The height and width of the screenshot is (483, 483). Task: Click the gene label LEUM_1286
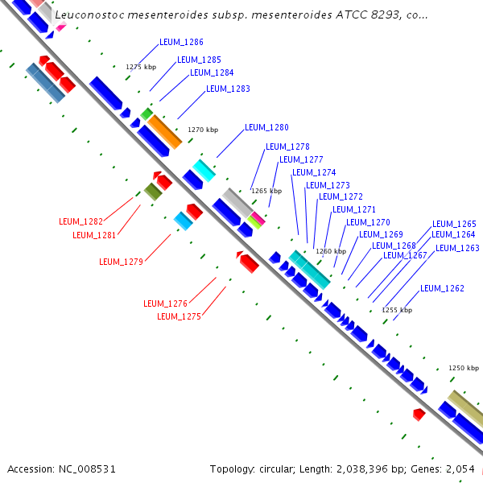pos(181,42)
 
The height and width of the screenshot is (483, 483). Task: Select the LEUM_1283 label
pos(228,89)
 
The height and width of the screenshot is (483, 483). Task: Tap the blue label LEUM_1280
pos(266,127)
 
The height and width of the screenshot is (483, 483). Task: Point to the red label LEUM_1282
pos(80,221)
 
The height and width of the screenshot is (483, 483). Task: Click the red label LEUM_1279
pos(121,262)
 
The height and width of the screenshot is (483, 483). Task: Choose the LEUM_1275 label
pos(179,317)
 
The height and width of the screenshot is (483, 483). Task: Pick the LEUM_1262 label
pos(442,288)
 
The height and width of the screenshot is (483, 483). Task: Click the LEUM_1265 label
pos(454,225)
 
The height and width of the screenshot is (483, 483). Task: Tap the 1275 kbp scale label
pos(141,67)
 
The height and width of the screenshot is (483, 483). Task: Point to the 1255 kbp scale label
pos(397,310)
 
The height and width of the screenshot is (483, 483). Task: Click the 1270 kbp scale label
pos(203,130)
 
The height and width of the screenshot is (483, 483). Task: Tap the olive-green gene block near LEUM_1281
pos(152,191)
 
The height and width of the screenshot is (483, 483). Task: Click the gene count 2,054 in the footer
pos(460,469)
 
